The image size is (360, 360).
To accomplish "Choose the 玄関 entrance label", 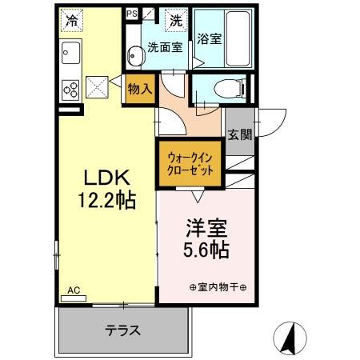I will (x=238, y=134).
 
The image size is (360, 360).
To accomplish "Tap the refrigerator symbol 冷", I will (x=73, y=18).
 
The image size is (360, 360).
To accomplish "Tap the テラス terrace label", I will (x=123, y=329).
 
